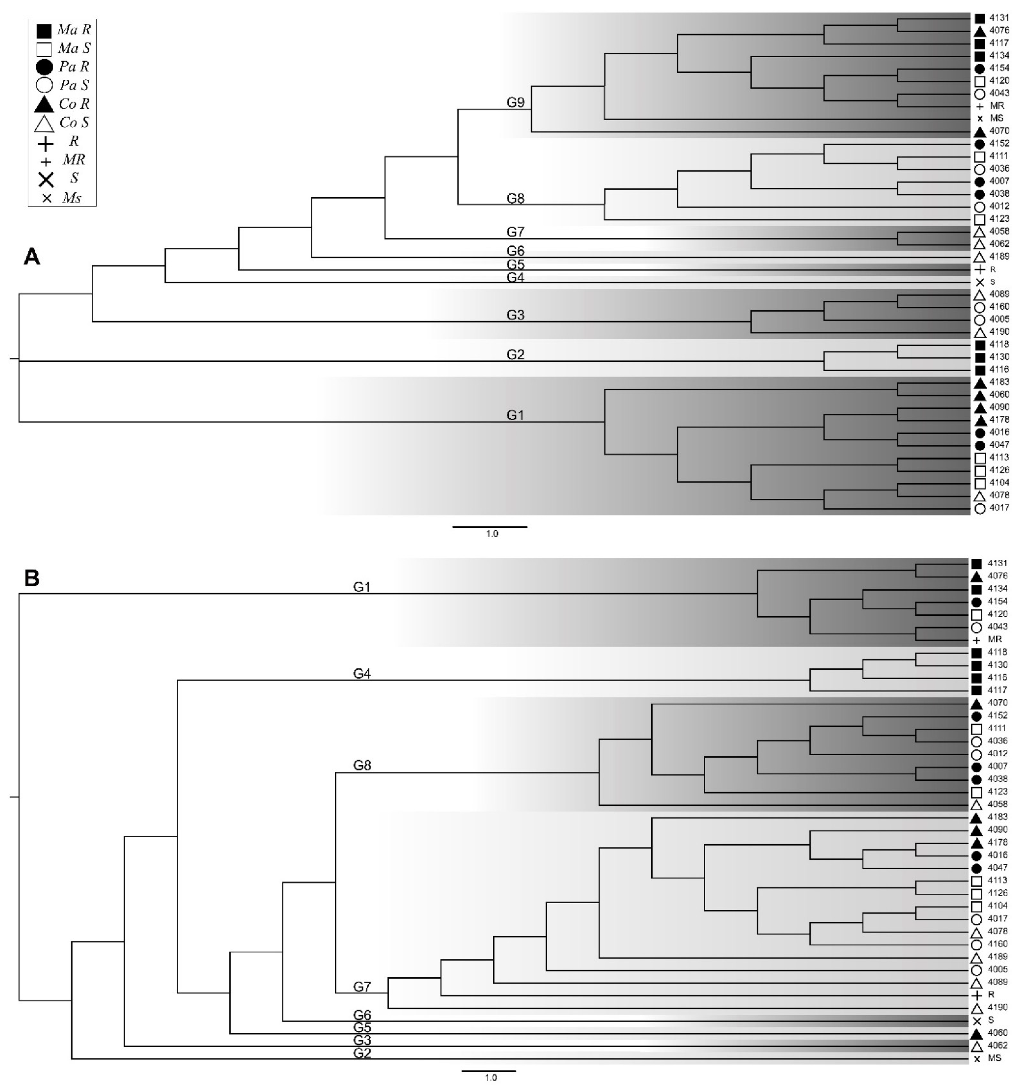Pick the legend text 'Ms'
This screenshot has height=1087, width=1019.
point(72,198)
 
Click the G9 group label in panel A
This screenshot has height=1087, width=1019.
point(515,103)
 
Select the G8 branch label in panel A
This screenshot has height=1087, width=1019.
point(515,199)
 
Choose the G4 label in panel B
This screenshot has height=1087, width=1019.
point(362,674)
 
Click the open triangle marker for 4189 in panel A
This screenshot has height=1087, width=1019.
point(980,257)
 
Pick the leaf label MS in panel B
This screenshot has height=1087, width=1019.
point(994,1058)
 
